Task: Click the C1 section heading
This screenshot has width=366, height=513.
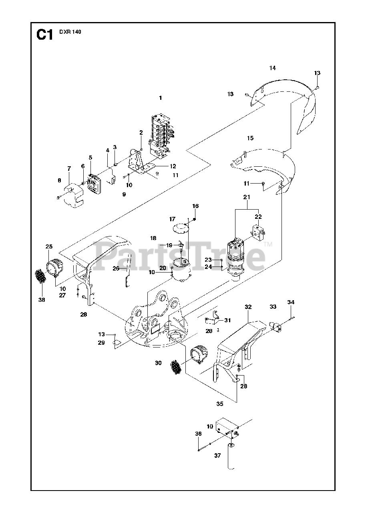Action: [x=44, y=35]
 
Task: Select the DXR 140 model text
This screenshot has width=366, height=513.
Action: [x=70, y=32]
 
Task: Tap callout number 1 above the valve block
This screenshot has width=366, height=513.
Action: [x=160, y=98]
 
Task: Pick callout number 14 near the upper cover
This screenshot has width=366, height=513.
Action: [x=272, y=68]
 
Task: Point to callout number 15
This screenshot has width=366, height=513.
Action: [x=250, y=138]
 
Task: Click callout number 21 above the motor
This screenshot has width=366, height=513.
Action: [x=247, y=197]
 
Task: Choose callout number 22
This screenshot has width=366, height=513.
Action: [x=258, y=216]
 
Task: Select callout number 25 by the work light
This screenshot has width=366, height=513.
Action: [x=49, y=246]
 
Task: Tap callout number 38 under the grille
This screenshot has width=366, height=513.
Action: [x=42, y=300]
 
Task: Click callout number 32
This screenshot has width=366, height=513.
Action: [x=248, y=307]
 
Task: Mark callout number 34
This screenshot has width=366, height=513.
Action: [x=291, y=302]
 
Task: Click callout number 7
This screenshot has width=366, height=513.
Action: [x=69, y=169]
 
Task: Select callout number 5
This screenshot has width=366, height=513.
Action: [x=90, y=158]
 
